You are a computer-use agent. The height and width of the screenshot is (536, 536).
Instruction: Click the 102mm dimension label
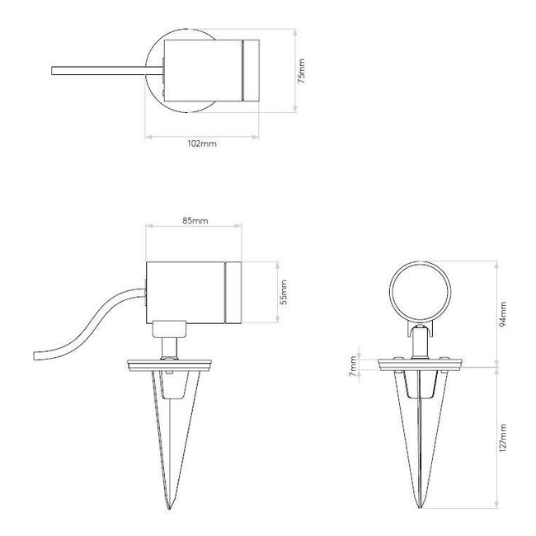coord(202,143)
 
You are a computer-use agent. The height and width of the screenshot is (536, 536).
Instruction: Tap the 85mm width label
coord(194,220)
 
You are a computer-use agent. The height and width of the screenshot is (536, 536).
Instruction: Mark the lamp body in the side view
coord(186,293)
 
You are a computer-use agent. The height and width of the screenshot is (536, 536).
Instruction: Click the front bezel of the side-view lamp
coord(233,293)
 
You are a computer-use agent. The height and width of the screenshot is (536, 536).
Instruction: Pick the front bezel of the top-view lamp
coord(250,72)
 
